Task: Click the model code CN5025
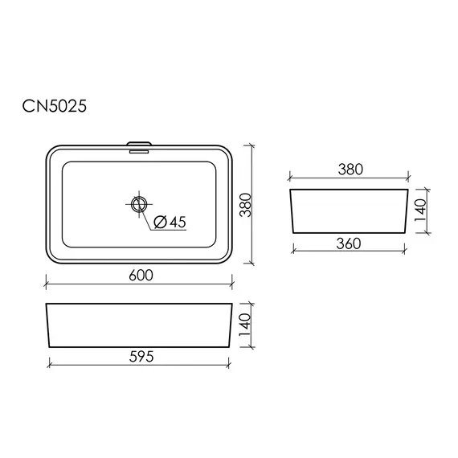[55, 106]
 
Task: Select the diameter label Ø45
[170, 222]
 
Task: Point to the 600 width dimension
[141, 276]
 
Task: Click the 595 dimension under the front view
[141, 357]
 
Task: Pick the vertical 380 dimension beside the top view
[245, 205]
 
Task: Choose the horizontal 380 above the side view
[350, 170]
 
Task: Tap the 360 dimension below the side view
[349, 243]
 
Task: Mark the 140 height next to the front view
[245, 325]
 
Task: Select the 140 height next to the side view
[420, 210]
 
